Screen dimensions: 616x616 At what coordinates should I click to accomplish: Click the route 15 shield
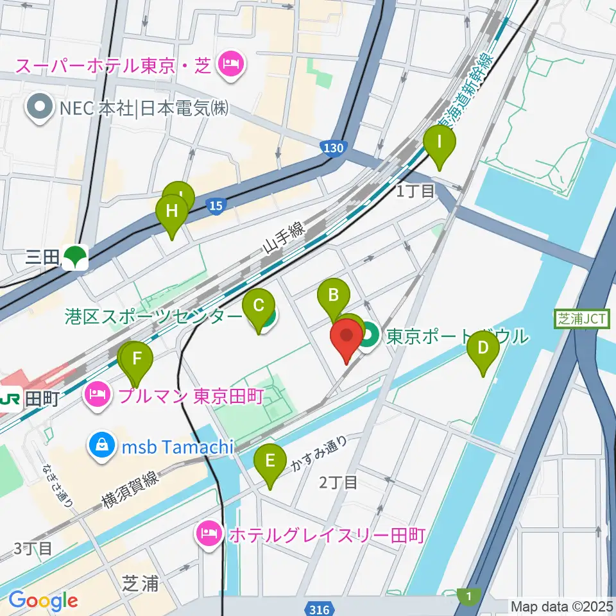point(216,206)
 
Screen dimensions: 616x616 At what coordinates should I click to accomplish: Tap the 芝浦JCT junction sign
point(581,319)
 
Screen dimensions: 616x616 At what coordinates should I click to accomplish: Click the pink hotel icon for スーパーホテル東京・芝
point(228,63)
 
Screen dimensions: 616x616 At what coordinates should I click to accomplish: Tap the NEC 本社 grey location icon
point(40,108)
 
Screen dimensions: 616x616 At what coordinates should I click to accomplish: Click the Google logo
point(43,601)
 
